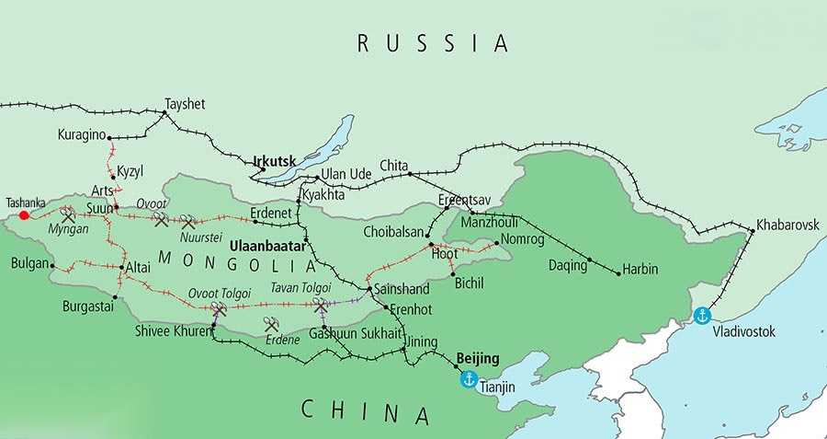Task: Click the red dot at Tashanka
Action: tap(24, 215)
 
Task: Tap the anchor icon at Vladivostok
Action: tap(703, 316)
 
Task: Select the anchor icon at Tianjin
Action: tap(468, 379)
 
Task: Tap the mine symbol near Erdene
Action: tap(271, 325)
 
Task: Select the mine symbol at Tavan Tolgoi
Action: tap(320, 304)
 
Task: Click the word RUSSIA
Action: tap(432, 42)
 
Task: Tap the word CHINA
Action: tap(368, 411)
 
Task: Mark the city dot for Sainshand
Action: tap(369, 289)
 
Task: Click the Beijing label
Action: tap(477, 357)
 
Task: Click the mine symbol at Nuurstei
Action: tap(188, 222)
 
